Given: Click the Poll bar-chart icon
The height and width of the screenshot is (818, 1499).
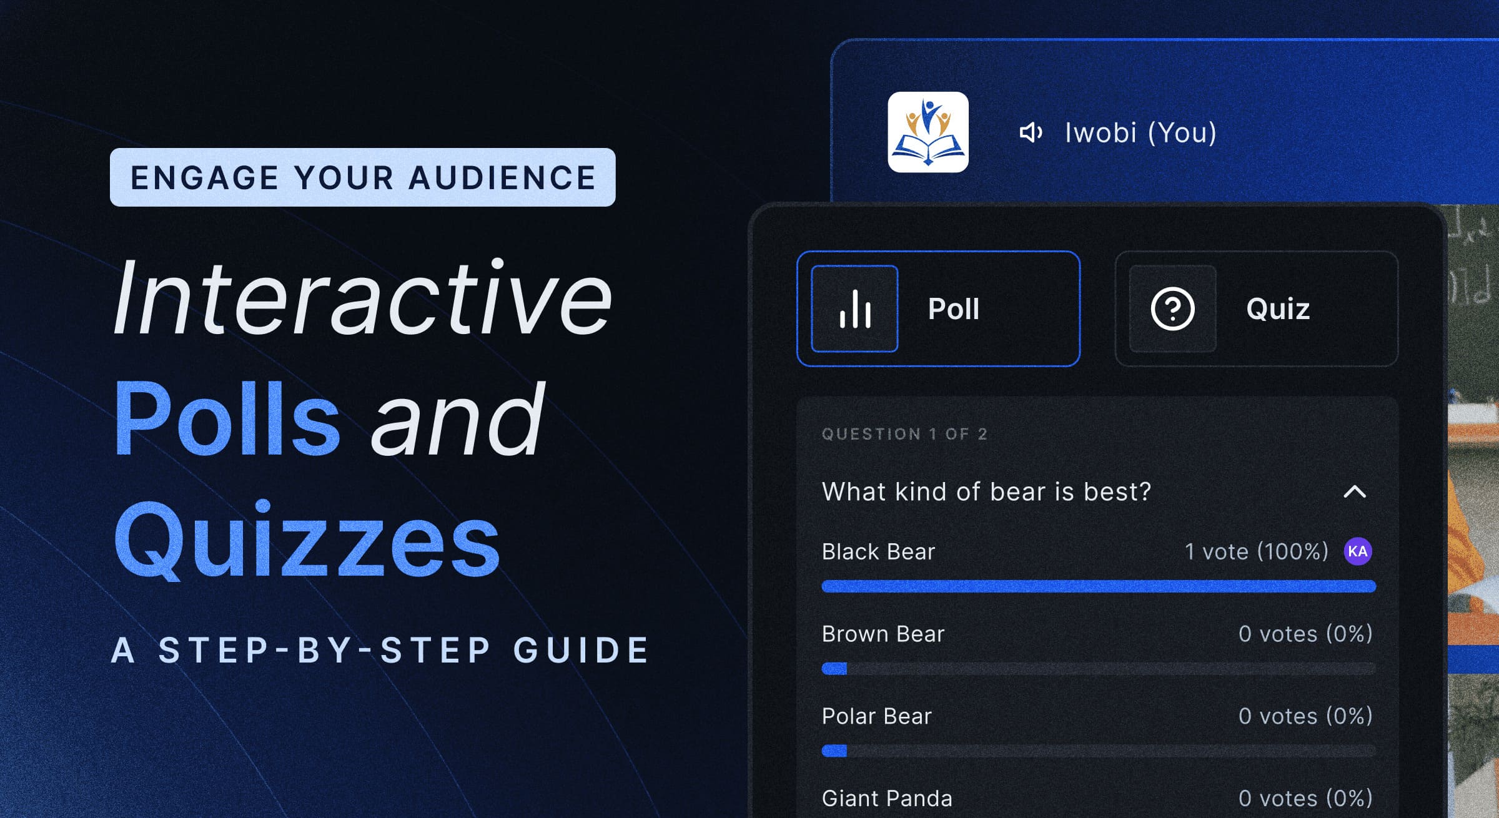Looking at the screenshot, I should coord(854,309).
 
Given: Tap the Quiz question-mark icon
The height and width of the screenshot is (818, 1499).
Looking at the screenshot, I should coord(1172,309).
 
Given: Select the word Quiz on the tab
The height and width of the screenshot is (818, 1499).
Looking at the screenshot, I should coord(1277,309).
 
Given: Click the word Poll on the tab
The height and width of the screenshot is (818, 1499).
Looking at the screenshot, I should coord(953,309).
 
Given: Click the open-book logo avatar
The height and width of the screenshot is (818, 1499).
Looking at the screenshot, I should coord(928,132).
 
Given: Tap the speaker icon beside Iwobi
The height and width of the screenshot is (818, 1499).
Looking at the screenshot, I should coord(1031,132).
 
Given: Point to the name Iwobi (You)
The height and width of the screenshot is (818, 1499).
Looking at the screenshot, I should coord(1140,132).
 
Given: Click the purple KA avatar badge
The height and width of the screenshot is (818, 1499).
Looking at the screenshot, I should coord(1358,551).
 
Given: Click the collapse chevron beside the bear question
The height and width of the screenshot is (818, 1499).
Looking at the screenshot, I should coord(1355,492).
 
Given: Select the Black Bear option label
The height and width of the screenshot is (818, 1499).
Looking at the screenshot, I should coord(878,552).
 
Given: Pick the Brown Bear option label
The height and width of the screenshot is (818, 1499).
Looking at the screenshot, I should coord(883,634).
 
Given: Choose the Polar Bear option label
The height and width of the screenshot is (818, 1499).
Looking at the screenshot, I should coord(876,716).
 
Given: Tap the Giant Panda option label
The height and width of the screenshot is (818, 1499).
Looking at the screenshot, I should coord(887,799).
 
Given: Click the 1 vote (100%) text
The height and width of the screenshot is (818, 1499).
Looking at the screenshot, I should coord(1256,552).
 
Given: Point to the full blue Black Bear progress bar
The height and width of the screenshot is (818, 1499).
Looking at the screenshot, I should coord(1099,586).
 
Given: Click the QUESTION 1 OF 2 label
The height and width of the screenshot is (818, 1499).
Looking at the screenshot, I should coord(904,434).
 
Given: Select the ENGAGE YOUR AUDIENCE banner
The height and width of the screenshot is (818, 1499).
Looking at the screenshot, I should coord(363,177).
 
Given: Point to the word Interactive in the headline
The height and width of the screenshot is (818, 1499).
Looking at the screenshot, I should coord(363,298).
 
